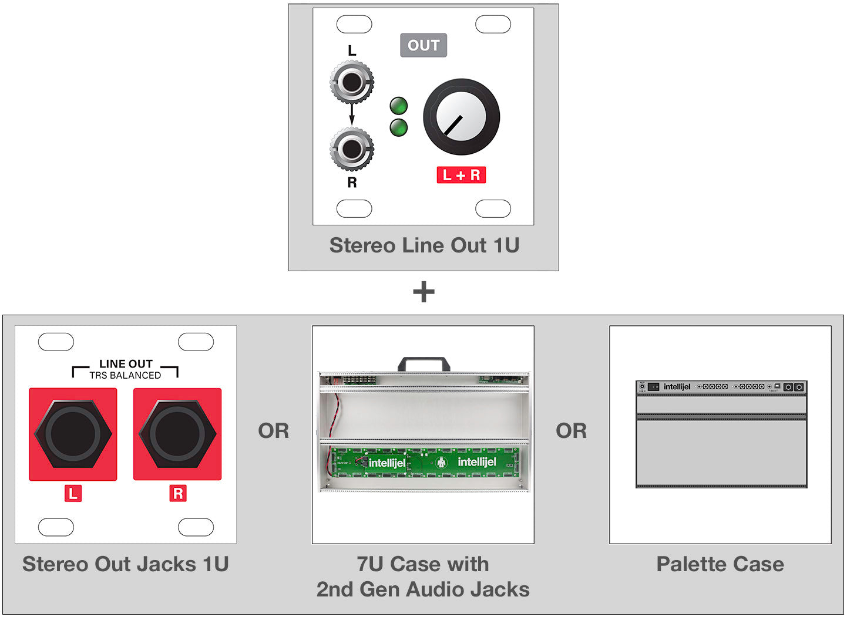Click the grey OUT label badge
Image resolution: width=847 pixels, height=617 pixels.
point(423,45)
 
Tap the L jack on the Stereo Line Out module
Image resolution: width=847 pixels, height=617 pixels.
point(352,83)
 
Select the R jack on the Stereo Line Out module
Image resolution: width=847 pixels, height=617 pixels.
point(352,149)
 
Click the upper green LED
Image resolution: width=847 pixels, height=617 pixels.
point(399,106)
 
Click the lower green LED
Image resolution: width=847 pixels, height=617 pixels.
point(399,127)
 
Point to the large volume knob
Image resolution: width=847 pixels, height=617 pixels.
point(461,117)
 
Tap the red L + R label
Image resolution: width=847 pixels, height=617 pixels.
point(461,175)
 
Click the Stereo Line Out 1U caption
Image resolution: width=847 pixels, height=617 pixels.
point(424,245)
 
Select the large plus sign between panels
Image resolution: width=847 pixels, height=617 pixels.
point(423,292)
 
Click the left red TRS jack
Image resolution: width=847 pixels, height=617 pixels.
point(73,434)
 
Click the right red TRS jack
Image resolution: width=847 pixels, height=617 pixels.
point(177,434)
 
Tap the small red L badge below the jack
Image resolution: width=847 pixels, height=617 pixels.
point(73,493)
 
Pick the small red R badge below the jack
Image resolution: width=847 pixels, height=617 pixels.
point(177,493)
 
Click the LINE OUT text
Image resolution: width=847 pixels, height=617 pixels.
point(126,364)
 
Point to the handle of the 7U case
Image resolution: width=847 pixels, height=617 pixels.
point(423,363)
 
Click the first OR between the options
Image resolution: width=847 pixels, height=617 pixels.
point(274,431)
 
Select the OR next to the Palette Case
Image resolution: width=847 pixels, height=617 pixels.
point(571,431)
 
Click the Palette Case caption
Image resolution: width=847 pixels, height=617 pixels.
point(720,564)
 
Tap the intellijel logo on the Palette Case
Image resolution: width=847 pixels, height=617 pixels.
point(677,387)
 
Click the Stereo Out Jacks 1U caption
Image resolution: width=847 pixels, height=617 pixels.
point(125,564)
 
